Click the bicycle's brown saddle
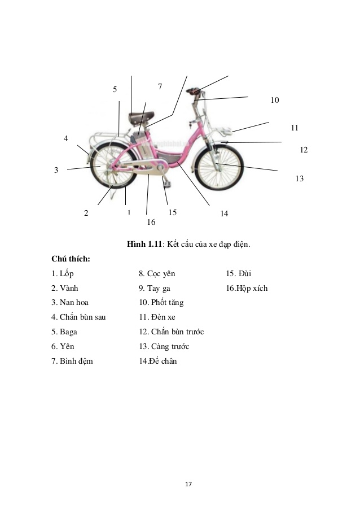141,117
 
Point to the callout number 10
275,100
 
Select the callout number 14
224,213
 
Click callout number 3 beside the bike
56,170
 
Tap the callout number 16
151,222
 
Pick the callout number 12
304,150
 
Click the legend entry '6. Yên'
63,346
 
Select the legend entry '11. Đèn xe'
157,317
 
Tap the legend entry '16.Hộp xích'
247,288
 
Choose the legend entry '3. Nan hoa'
70,303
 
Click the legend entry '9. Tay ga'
155,289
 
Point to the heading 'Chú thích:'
71,259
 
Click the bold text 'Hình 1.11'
144,244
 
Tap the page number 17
188,485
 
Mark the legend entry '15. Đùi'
239,273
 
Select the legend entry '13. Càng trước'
164,347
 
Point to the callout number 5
115,89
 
